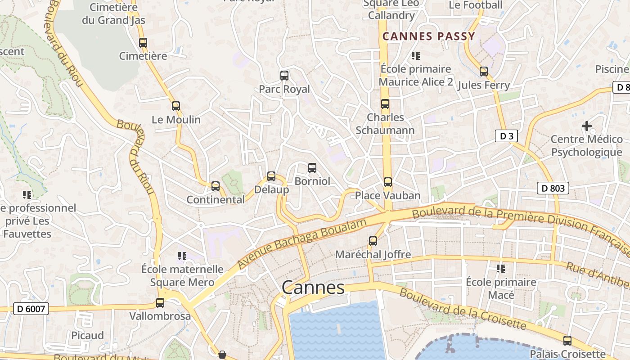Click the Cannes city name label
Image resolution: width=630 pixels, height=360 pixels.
pos(313,288)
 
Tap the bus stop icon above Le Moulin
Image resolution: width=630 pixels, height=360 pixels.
pos(175,106)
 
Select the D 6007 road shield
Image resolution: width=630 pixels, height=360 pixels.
pos(31,309)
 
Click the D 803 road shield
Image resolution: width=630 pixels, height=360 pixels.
pos(553,188)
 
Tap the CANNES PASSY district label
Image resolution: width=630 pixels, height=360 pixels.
pos(428,36)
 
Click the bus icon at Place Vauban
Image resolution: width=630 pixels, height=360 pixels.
pos(387,182)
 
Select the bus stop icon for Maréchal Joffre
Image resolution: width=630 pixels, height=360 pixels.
pos(373,241)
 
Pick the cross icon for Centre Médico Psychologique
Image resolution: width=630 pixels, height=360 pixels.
pos(586,126)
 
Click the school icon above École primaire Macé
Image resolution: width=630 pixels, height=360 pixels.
pos(501,269)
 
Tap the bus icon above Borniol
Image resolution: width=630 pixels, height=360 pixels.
pos(312,168)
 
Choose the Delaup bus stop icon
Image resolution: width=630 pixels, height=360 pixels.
pos(271,176)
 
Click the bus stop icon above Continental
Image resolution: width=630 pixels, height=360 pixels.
pos(216,186)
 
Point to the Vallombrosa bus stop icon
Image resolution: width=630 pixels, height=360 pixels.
pos(160,303)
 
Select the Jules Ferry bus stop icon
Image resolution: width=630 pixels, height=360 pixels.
pos(484,72)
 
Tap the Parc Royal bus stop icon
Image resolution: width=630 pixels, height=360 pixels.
pos(284,76)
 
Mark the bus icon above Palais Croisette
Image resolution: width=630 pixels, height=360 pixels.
pos(567,341)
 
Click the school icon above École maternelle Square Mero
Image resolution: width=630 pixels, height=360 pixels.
pos(182,256)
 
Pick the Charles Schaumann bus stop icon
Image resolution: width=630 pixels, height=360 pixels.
pos(385,104)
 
